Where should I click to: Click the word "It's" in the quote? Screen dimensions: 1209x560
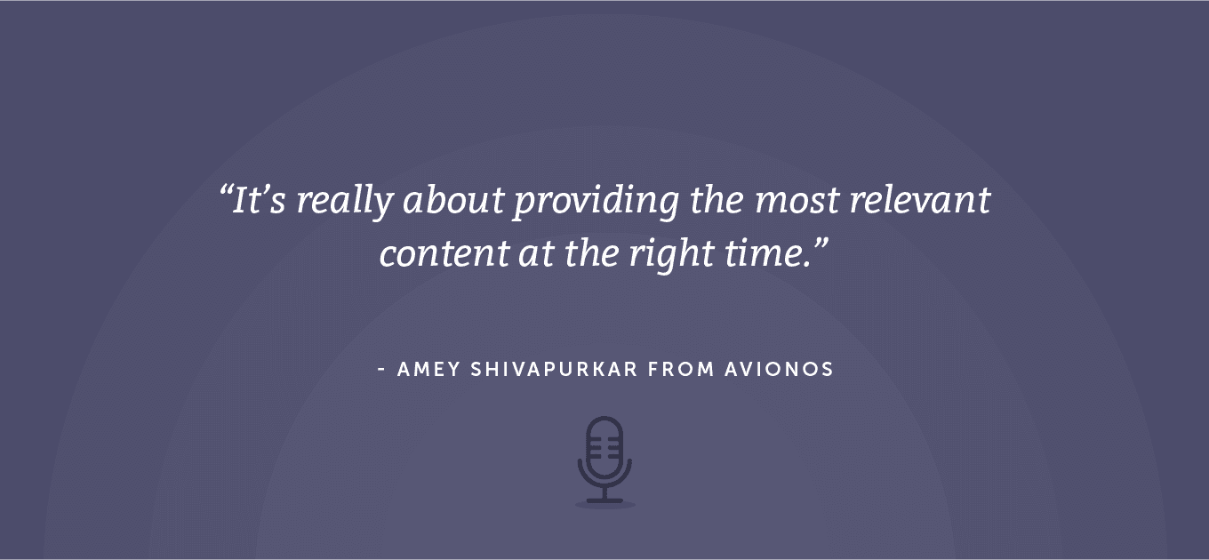click(x=259, y=200)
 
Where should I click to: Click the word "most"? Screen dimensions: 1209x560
click(x=797, y=201)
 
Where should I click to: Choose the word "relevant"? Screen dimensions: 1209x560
click(x=920, y=199)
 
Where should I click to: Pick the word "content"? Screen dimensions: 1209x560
click(x=444, y=254)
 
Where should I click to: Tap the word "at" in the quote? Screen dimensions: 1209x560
click(x=537, y=254)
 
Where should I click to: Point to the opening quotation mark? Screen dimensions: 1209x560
click(x=226, y=191)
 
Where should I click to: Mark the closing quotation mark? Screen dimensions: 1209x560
click(x=821, y=244)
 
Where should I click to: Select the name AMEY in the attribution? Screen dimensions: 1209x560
click(x=429, y=370)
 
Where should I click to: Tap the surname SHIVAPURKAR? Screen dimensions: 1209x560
click(x=555, y=370)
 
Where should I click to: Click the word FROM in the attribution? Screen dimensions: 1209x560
click(x=682, y=370)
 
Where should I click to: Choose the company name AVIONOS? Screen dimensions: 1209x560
click(x=780, y=370)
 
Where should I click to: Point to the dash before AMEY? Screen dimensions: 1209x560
click(x=381, y=370)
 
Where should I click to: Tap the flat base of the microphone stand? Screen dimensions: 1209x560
click(x=604, y=501)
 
